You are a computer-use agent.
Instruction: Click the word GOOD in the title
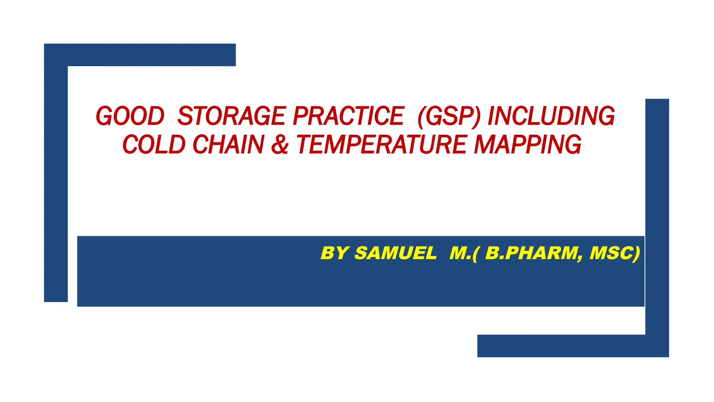click(130, 116)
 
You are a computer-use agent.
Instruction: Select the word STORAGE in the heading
click(232, 116)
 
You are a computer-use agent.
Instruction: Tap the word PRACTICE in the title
click(348, 116)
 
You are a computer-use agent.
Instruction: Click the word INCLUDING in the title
click(551, 116)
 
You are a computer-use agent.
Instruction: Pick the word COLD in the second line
click(154, 145)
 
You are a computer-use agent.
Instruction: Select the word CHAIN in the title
click(228, 145)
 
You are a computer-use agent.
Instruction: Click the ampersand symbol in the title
click(280, 145)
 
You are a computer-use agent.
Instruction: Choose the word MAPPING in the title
click(527, 145)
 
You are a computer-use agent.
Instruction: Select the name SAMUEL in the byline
click(395, 253)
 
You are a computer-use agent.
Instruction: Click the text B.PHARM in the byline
click(531, 253)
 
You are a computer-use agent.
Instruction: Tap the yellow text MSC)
click(615, 253)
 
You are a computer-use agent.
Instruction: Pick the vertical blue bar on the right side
click(657, 216)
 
